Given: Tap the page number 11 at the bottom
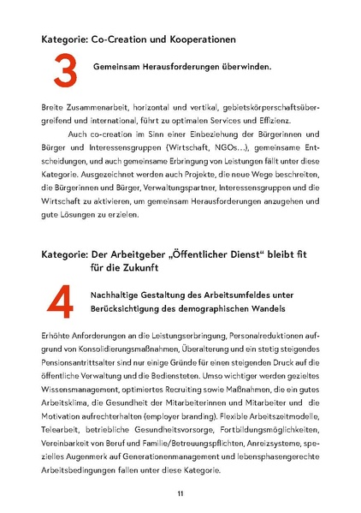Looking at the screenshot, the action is click(180, 493).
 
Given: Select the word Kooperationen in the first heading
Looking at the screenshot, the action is click(196, 39).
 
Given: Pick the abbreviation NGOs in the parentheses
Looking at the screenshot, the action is click(247, 154).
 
